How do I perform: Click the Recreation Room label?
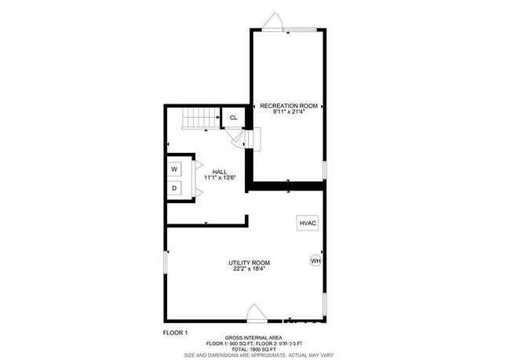[x=288, y=105]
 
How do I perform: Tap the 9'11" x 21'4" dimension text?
[x=288, y=112]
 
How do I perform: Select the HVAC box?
[x=308, y=224]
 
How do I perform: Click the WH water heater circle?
[x=316, y=261]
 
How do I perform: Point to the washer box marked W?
[x=174, y=169]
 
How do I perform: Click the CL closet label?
[x=233, y=118]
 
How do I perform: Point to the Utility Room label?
[x=250, y=263]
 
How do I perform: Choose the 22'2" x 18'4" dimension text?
[x=250, y=270]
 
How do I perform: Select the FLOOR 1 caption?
[x=176, y=333]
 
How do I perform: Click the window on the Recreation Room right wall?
[x=324, y=170]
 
